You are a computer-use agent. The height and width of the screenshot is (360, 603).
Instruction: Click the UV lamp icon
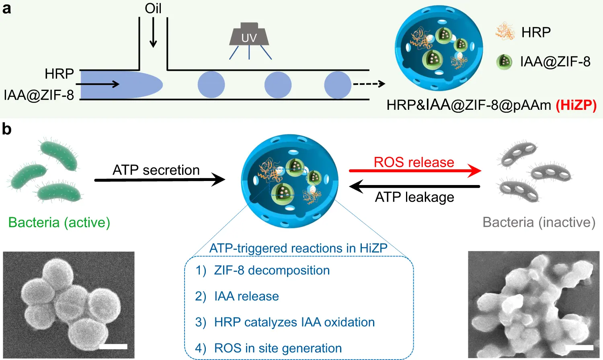tap(249, 35)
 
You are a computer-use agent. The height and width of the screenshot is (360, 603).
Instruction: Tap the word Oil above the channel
tap(153, 8)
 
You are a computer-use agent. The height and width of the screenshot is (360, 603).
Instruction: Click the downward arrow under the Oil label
tap(153, 33)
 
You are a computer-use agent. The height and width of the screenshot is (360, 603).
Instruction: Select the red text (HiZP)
tap(576, 105)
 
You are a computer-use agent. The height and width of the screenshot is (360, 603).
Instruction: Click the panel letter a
tap(6, 8)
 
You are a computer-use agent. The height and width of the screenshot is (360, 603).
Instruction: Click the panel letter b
tap(6, 129)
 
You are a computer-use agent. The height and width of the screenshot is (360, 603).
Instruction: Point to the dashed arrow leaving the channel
tap(369, 84)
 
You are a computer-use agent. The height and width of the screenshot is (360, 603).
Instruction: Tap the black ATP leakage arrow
tap(414, 186)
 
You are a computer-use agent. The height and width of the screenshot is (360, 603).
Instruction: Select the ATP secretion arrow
tap(160, 180)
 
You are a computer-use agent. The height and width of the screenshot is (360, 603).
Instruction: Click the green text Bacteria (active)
tap(59, 222)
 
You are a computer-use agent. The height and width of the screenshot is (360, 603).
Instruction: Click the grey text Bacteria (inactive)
tap(539, 222)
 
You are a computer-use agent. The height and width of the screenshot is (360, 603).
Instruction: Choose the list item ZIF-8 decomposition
tap(271, 270)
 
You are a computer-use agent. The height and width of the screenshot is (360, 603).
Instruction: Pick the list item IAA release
tap(246, 296)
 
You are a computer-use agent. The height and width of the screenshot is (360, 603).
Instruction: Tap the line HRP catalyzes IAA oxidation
tap(294, 322)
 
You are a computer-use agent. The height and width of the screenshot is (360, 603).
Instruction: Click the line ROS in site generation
tap(278, 348)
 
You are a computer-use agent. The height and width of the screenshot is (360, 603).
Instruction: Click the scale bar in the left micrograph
tap(113, 346)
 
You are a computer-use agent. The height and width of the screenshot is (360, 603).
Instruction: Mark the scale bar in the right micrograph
tap(579, 347)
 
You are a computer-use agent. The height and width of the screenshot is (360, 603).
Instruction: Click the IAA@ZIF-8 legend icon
tap(504, 62)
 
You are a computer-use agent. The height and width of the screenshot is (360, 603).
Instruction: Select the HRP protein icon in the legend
tap(505, 32)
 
